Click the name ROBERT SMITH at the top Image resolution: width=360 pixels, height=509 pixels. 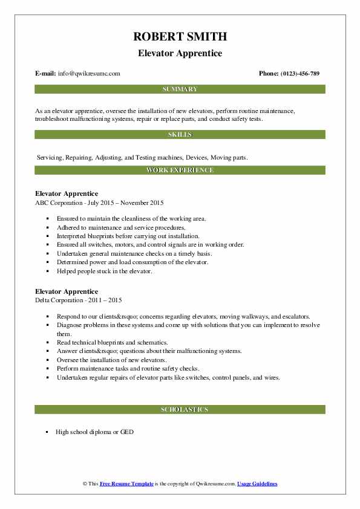[x=180, y=37]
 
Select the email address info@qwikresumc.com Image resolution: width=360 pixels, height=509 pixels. [x=89, y=74]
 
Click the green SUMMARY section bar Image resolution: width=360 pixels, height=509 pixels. [x=180, y=89]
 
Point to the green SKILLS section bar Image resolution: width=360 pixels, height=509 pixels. [x=180, y=134]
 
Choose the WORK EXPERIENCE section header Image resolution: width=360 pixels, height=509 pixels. [x=180, y=170]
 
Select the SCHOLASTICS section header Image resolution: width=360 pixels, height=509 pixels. [x=180, y=410]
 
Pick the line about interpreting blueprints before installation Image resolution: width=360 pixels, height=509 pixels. [x=128, y=236]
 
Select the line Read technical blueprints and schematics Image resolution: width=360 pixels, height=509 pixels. [x=112, y=342]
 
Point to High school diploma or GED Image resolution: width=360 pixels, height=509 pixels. [x=94, y=432]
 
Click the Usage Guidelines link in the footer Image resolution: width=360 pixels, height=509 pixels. [x=257, y=484]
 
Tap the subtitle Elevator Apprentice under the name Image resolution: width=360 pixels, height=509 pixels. [x=180, y=53]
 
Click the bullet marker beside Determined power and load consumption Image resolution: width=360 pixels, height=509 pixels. [x=47, y=262]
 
